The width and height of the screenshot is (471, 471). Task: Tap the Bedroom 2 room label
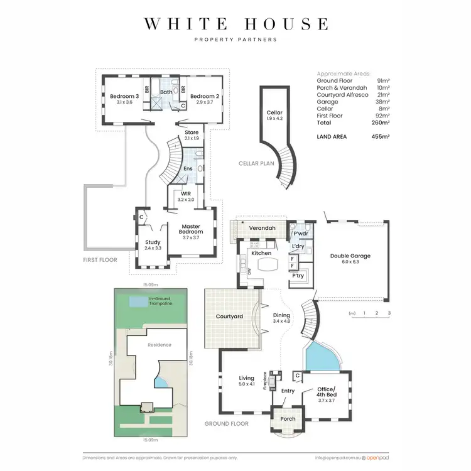pyautogui.click(x=203, y=96)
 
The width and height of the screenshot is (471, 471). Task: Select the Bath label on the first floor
pyautogui.click(x=166, y=92)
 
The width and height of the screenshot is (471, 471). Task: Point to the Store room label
pyautogui.click(x=192, y=133)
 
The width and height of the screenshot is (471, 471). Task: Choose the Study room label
pyautogui.click(x=153, y=242)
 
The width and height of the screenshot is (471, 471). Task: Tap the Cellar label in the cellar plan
pyautogui.click(x=274, y=113)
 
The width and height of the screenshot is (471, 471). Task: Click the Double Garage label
pyautogui.click(x=350, y=256)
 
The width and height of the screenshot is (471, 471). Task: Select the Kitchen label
pyautogui.click(x=261, y=253)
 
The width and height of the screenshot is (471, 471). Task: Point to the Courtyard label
pyautogui.click(x=229, y=317)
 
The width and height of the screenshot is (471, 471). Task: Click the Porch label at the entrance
pyautogui.click(x=288, y=419)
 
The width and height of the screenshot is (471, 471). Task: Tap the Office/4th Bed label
pyautogui.click(x=327, y=392)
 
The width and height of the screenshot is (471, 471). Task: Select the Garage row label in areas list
pyautogui.click(x=328, y=102)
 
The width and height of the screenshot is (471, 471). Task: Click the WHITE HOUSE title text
pyautogui.click(x=235, y=24)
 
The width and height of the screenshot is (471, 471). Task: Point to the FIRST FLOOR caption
pyautogui.click(x=100, y=259)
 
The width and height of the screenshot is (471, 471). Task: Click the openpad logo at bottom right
pyautogui.click(x=377, y=458)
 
